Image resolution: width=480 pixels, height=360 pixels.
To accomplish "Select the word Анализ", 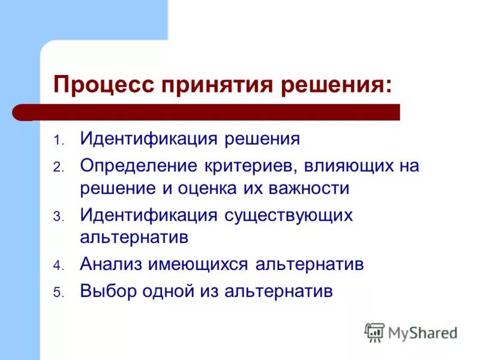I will pyautogui.click(x=110, y=265).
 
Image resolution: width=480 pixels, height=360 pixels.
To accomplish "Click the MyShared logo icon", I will pyautogui.click(x=374, y=332).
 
